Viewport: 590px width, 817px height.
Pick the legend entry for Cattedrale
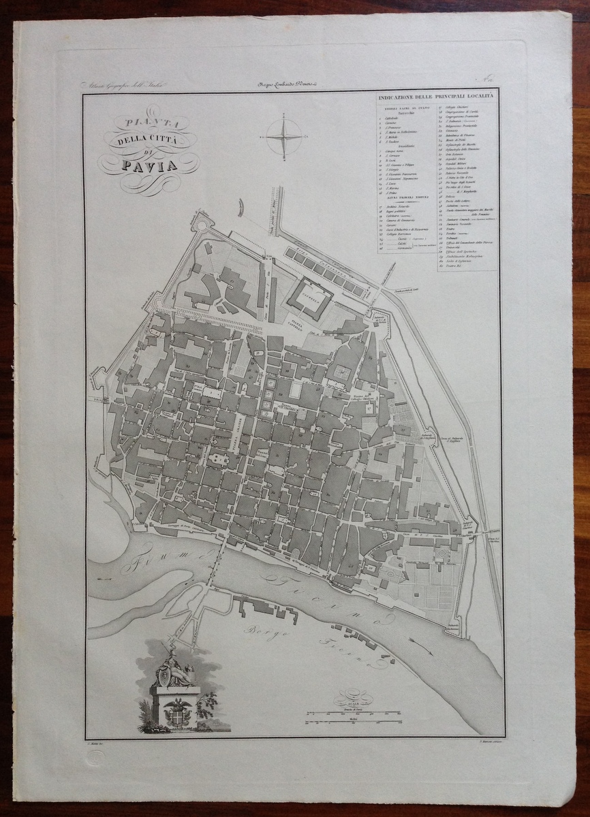pyautogui.click(x=394, y=118)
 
